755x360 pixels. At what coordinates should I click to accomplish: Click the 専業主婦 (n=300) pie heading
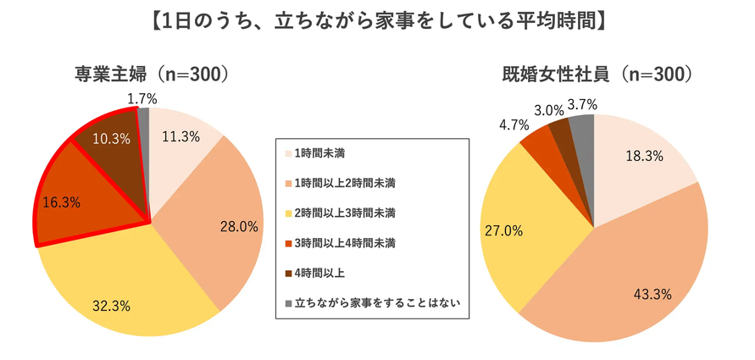151,75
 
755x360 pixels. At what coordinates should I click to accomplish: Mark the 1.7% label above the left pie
142,99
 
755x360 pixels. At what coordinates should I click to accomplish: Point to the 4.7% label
514,125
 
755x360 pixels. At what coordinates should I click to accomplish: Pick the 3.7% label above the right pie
584,105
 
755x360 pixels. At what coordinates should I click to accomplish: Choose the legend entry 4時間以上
319,272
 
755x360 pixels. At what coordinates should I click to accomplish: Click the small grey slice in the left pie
144,119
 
